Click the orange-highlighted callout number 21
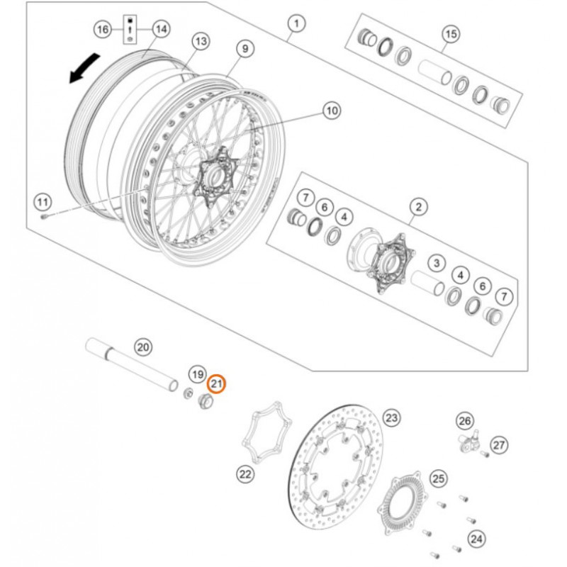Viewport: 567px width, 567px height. (x=217, y=383)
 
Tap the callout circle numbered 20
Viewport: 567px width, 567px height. (x=143, y=347)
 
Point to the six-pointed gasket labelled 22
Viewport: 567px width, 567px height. (x=267, y=432)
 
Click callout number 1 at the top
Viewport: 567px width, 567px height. (x=296, y=24)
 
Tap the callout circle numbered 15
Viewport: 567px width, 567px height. (x=451, y=34)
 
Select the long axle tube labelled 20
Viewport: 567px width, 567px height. (x=131, y=364)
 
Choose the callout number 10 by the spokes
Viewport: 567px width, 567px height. (x=332, y=111)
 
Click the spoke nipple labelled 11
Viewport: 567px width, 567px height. (x=44, y=217)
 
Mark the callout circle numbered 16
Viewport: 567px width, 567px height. (x=103, y=29)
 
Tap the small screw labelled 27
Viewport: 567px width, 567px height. (x=485, y=454)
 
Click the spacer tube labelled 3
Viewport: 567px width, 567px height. (x=427, y=283)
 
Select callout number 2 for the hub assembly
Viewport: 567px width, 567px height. (x=418, y=207)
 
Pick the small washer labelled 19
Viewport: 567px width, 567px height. (x=188, y=393)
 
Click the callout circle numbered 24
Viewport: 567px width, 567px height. (x=476, y=539)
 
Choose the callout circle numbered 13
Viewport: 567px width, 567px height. (x=201, y=42)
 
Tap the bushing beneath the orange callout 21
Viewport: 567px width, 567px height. (x=206, y=400)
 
